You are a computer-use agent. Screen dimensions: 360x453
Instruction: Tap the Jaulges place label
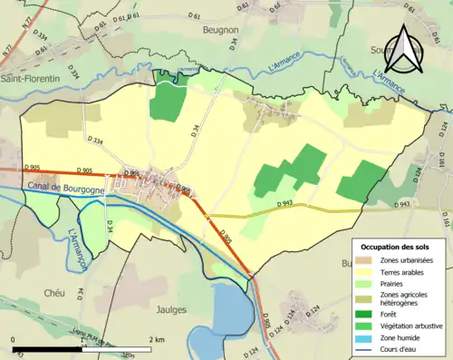point(171,309)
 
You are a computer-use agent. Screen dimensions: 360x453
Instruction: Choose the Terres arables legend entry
point(403,271)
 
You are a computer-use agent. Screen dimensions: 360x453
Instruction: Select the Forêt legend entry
point(390,314)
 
